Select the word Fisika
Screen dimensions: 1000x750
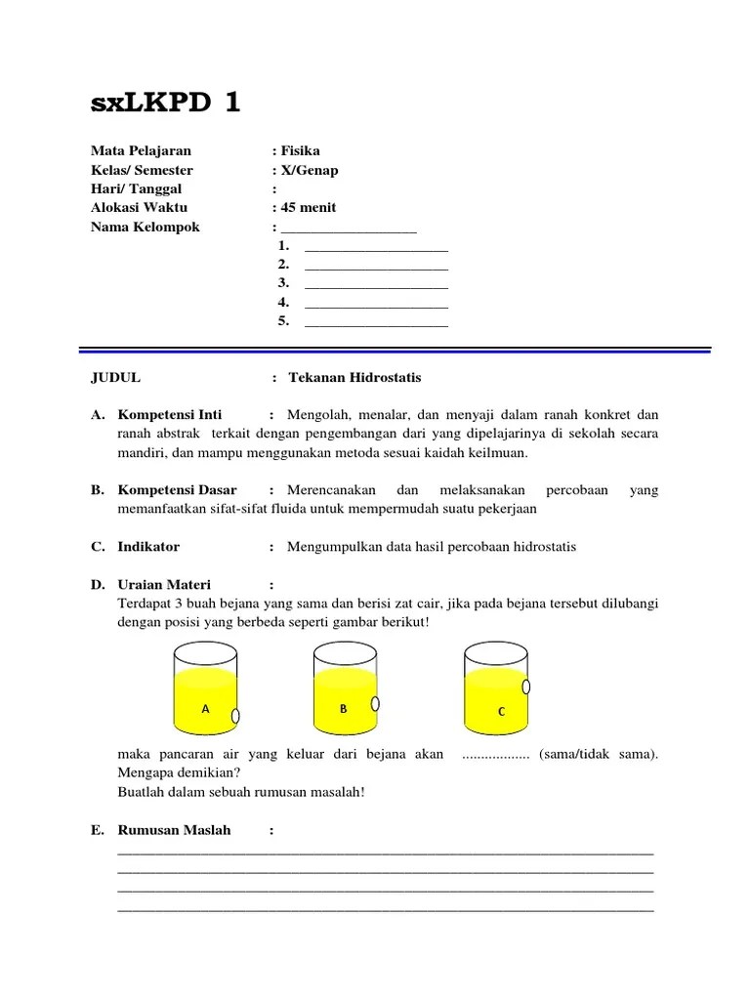pyautogui.click(x=300, y=150)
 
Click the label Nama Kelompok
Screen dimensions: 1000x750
pyautogui.click(x=145, y=227)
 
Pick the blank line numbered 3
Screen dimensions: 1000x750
pyautogui.click(x=376, y=283)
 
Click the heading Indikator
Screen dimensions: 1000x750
pyautogui.click(x=148, y=547)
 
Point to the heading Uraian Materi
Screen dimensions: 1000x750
pyautogui.click(x=164, y=584)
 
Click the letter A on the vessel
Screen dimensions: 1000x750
pyautogui.click(x=205, y=709)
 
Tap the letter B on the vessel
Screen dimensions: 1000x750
pyautogui.click(x=344, y=709)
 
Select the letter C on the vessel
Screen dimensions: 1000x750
pyautogui.click(x=501, y=712)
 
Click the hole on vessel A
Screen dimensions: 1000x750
pyautogui.click(x=235, y=717)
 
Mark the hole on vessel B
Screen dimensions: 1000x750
pyautogui.click(x=377, y=703)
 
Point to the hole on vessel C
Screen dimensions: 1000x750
pyautogui.click(x=527, y=687)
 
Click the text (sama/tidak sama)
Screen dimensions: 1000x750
pyautogui.click(x=598, y=754)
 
